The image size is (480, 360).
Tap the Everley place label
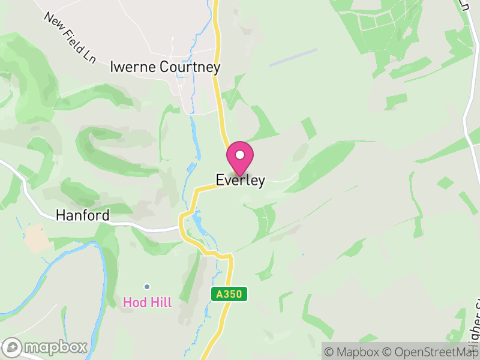tap(240, 181)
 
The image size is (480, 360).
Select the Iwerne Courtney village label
tap(165, 67)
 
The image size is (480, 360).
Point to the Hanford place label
tap(83, 215)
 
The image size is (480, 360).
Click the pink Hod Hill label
tap(147, 302)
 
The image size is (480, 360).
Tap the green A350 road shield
tap(229, 295)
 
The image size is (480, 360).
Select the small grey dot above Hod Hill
tap(146, 287)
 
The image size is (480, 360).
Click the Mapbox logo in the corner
tap(46, 347)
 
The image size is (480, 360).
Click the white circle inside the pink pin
tap(240, 155)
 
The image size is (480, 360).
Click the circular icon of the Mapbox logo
tap(13, 347)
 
